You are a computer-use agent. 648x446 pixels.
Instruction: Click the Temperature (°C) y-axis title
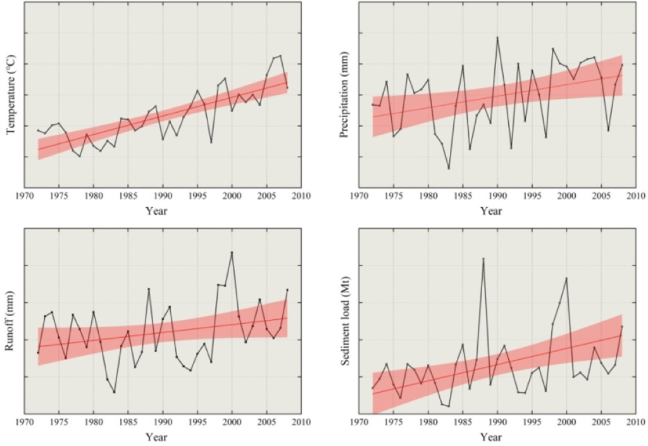[x=11, y=96]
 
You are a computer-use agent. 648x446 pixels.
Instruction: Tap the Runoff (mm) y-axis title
[x=11, y=321]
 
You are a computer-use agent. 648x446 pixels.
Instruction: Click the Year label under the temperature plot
[x=156, y=210]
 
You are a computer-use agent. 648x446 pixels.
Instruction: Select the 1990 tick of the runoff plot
[x=163, y=423]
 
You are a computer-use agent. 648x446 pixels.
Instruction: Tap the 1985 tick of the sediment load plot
[x=463, y=423]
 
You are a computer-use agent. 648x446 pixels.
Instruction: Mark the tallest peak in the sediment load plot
[x=483, y=258]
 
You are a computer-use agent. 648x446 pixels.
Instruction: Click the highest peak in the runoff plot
[x=232, y=252]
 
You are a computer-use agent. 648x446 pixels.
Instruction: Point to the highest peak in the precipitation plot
[x=497, y=37]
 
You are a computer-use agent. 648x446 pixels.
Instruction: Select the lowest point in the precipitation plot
[x=449, y=169]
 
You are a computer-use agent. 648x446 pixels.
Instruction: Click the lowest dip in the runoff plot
[x=114, y=392]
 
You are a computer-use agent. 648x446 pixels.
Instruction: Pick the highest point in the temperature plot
[x=280, y=56]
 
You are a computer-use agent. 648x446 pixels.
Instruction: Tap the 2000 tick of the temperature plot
[x=232, y=196]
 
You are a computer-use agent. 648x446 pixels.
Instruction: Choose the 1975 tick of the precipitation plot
[x=394, y=196]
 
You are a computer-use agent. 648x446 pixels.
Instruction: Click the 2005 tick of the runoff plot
[x=266, y=423]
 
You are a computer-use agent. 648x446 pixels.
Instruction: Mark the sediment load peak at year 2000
[x=566, y=278]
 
